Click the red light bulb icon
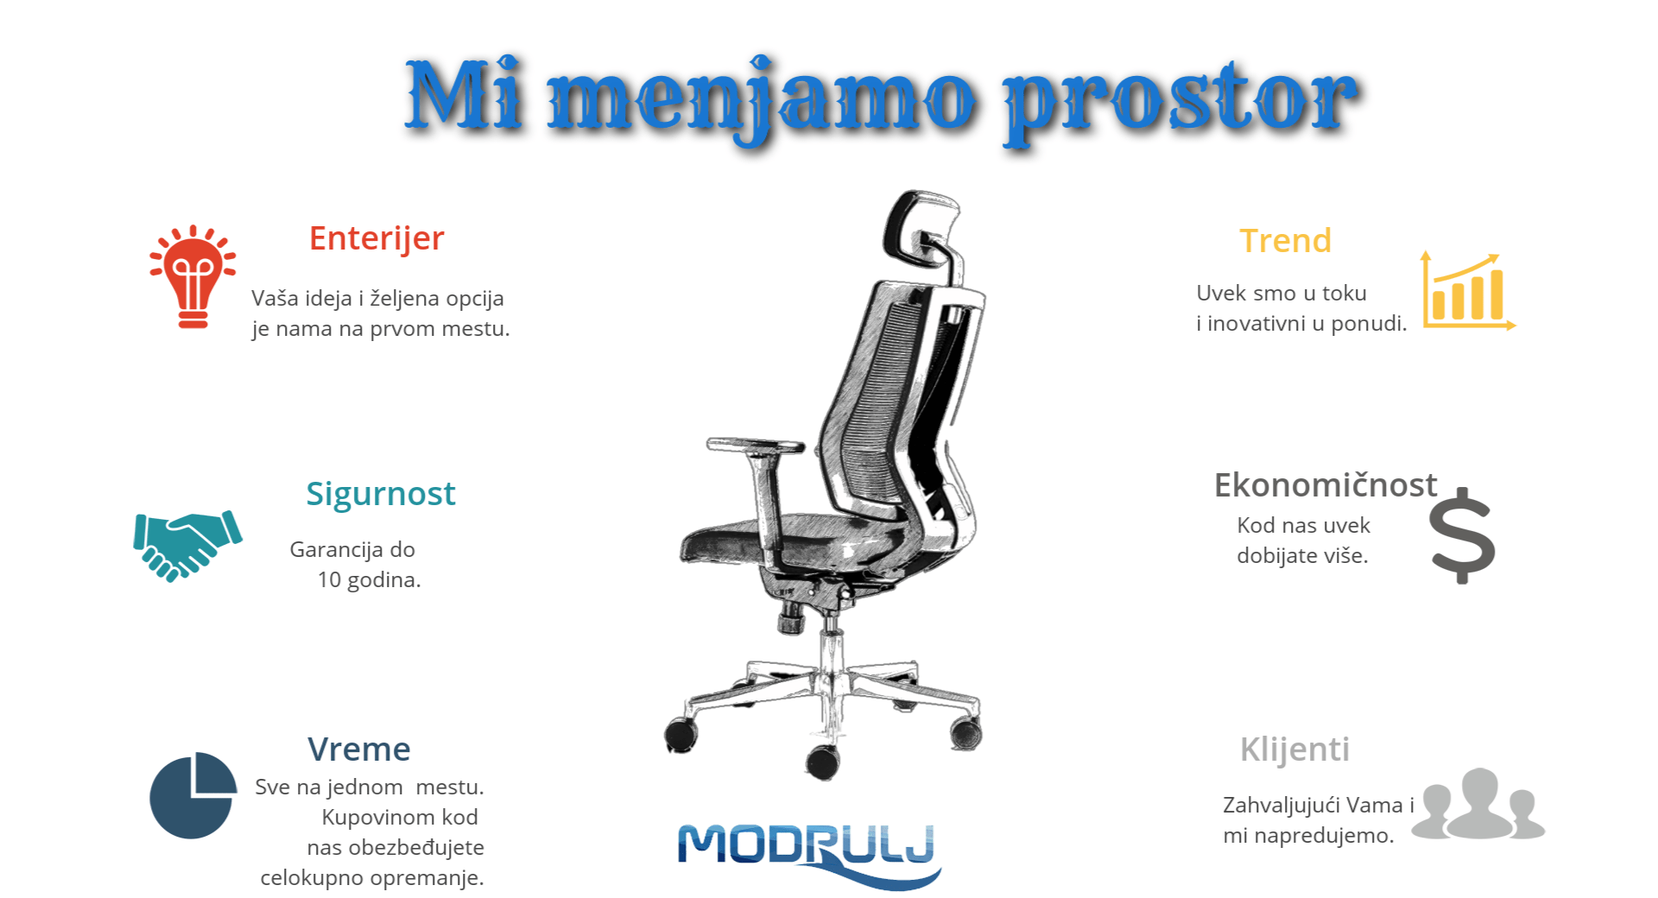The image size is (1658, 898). click(x=193, y=276)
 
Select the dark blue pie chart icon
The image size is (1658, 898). click(x=193, y=795)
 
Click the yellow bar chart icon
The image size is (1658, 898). click(x=1467, y=292)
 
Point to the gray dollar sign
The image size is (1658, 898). click(x=1461, y=535)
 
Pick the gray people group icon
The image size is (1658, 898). click(x=1478, y=804)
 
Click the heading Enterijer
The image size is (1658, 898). click(x=377, y=238)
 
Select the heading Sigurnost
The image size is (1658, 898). click(x=380, y=494)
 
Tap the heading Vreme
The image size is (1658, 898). click(x=358, y=749)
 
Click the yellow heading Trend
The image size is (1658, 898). click(x=1285, y=241)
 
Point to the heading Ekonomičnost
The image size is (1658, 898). click(x=1325, y=485)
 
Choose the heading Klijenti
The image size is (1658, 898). click(x=1294, y=749)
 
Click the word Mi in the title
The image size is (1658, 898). click(x=464, y=95)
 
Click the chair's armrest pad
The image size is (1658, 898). click(x=755, y=446)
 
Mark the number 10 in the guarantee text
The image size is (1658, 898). click(x=329, y=580)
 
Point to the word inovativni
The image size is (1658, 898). click(x=1256, y=324)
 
